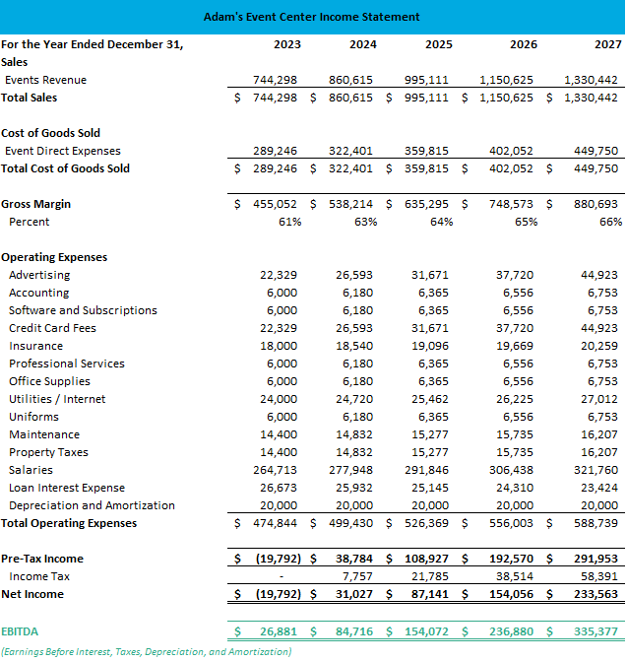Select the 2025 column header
pos(439,44)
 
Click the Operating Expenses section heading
pos(54,257)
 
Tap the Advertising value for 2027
pos(600,275)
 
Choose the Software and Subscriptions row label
pos(83,310)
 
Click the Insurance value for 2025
pos(433,346)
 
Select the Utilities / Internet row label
pos(57,399)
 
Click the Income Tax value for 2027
pos(600,576)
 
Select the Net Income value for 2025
pos(433,594)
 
